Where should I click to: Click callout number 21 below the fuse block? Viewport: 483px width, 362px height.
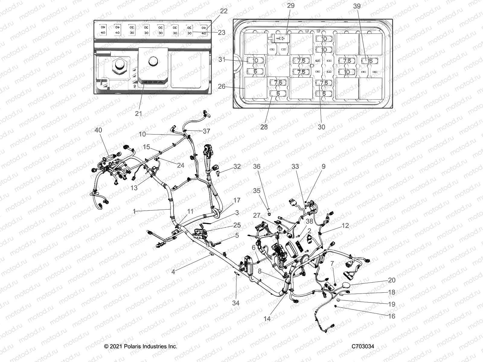[x=138, y=114]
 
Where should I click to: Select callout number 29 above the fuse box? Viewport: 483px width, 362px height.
[x=291, y=5]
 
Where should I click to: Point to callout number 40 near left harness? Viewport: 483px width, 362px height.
[x=98, y=130]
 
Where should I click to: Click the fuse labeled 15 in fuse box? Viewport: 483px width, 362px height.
[x=371, y=61]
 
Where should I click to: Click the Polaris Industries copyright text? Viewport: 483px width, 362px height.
[x=141, y=346]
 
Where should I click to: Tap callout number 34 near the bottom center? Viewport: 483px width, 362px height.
[x=235, y=303]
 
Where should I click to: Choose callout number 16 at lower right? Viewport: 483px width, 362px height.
[x=391, y=316]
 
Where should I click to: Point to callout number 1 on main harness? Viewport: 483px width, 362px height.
[x=134, y=211]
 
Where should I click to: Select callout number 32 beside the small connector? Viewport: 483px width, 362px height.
[x=237, y=167]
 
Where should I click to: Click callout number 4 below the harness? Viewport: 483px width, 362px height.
[x=173, y=272]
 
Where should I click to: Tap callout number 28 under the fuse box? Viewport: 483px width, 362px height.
[x=264, y=127]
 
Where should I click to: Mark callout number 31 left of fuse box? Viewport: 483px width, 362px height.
[x=222, y=60]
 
